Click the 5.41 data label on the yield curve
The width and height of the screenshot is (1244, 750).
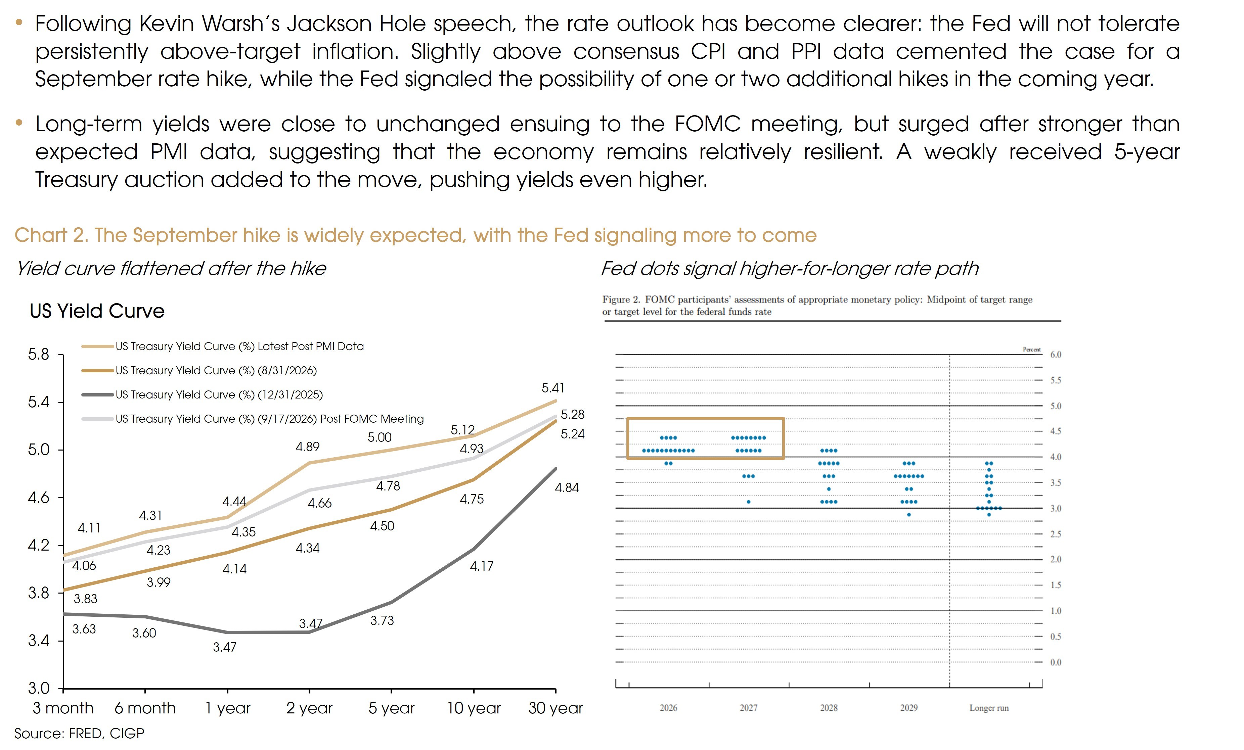click(x=553, y=388)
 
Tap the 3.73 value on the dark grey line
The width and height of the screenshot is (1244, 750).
click(x=382, y=621)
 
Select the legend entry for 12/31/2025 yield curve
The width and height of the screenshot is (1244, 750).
click(x=202, y=395)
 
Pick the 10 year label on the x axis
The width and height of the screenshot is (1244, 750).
click(x=474, y=708)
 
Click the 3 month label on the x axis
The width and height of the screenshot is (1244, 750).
click(x=63, y=708)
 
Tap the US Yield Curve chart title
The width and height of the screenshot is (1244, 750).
click(x=97, y=311)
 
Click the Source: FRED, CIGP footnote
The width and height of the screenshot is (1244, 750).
click(x=79, y=733)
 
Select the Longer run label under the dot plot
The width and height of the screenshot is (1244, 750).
click(x=988, y=708)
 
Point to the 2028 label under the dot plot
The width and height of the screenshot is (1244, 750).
click(x=829, y=708)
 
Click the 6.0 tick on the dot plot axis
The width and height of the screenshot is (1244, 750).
click(x=1056, y=354)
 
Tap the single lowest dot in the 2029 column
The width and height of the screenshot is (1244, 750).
click(x=909, y=515)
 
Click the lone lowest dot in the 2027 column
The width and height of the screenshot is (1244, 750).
click(x=748, y=502)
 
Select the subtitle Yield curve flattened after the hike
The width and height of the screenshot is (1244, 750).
click(x=171, y=269)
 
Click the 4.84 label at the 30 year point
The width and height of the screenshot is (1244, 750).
click(x=567, y=487)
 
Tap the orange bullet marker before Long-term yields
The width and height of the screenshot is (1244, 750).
click(x=19, y=122)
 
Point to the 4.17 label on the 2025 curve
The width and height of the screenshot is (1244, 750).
click(x=482, y=566)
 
